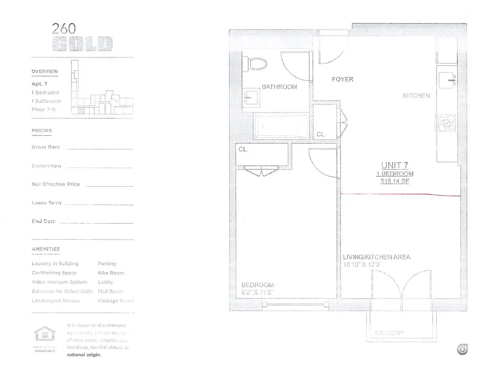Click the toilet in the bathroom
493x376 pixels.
256,63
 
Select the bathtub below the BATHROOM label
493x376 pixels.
281,126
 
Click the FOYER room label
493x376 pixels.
342,79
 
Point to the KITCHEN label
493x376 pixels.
416,95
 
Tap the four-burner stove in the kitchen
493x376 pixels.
446,122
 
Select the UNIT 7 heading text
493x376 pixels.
394,165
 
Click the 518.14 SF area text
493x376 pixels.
395,181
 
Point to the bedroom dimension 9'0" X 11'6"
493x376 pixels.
257,292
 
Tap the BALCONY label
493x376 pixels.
390,333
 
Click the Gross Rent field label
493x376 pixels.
46,147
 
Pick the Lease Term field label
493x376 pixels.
46,203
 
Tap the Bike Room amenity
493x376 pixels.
111,273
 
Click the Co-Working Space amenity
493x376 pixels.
54,273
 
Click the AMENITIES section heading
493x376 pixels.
46,249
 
